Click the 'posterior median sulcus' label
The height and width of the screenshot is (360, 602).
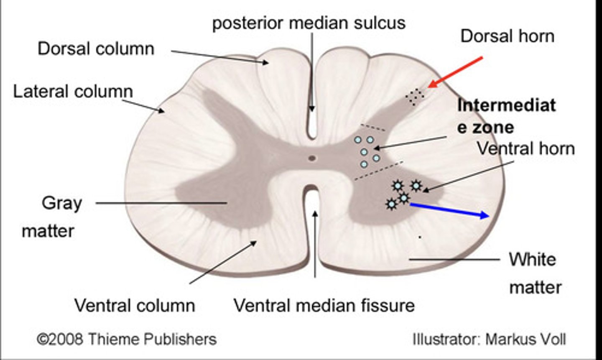(309, 23)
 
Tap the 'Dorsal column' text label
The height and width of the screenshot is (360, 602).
(96, 49)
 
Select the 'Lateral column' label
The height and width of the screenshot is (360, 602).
(73, 91)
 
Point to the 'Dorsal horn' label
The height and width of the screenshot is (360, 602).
(507, 36)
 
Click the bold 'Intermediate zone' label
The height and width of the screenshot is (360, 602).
(506, 116)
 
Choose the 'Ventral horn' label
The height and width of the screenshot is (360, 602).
(526, 148)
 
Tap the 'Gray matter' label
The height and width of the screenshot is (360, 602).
(54, 217)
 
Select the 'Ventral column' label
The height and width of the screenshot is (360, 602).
(135, 305)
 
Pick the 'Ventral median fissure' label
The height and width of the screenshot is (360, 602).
(324, 305)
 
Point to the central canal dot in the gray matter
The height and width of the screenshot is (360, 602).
(312, 158)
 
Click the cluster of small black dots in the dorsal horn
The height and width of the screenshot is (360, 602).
(414, 97)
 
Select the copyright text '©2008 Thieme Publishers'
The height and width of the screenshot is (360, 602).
(127, 339)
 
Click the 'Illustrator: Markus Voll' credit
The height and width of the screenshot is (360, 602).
(489, 339)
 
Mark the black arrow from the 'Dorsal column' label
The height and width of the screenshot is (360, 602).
(219, 57)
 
